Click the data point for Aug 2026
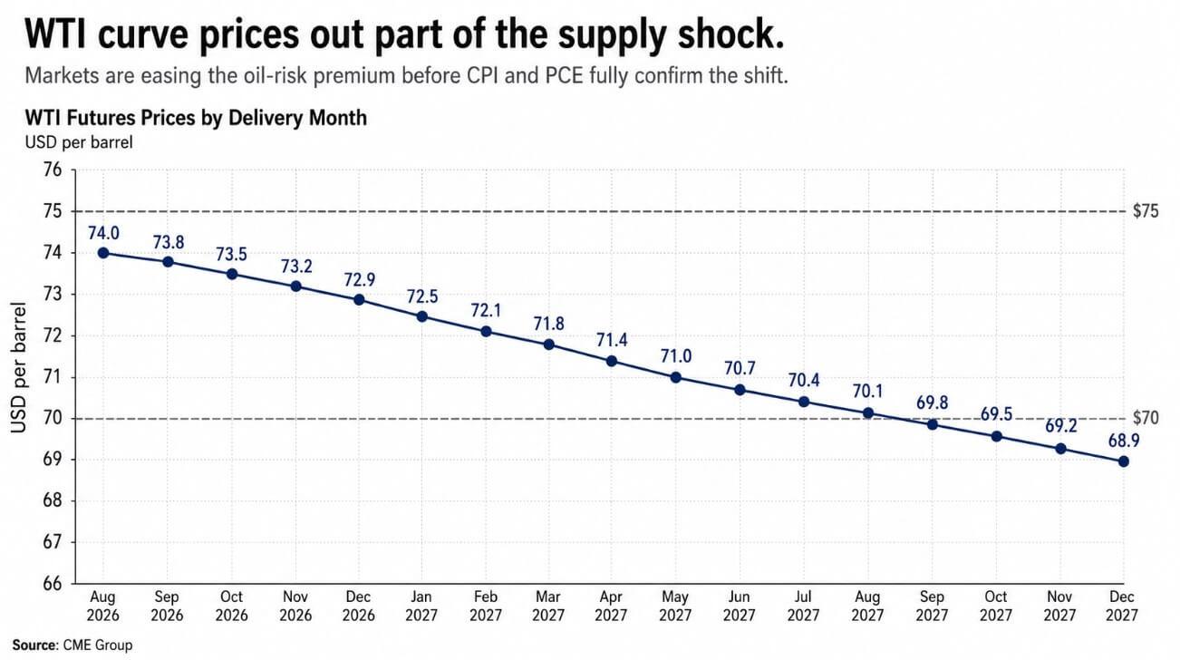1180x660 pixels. click(x=103, y=253)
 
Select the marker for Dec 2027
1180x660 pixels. click(x=1123, y=461)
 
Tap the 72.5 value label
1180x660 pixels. click(x=422, y=296)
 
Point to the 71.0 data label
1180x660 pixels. click(x=676, y=356)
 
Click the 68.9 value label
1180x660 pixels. click(x=1124, y=441)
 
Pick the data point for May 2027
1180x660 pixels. click(x=676, y=377)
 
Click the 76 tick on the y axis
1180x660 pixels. click(x=53, y=170)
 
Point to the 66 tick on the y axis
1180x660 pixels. click(x=53, y=584)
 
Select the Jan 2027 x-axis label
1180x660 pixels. click(x=421, y=606)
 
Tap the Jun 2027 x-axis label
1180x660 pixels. click(x=739, y=606)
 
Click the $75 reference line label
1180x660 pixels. click(x=1146, y=211)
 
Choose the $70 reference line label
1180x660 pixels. click(x=1146, y=418)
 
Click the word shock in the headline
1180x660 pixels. click(x=731, y=34)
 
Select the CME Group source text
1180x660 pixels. click(x=98, y=645)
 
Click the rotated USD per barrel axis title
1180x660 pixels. click(x=18, y=367)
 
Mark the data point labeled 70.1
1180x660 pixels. click(x=868, y=412)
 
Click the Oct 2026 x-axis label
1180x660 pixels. click(x=231, y=606)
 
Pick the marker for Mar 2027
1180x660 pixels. click(x=548, y=345)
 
